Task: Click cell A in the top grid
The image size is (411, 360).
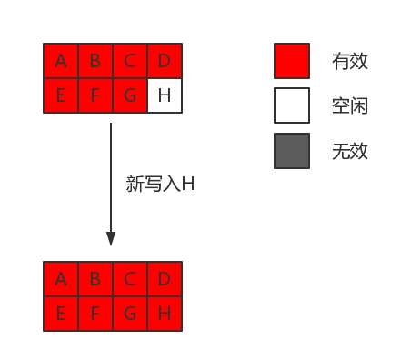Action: click(61, 61)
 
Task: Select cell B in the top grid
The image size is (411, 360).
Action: click(95, 61)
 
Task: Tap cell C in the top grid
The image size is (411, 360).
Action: click(130, 61)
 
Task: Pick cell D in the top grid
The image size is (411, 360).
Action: click(165, 61)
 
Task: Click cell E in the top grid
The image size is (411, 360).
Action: click(61, 95)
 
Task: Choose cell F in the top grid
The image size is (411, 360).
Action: click(95, 95)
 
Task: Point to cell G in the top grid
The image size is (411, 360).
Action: click(130, 95)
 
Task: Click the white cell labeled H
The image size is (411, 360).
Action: click(165, 95)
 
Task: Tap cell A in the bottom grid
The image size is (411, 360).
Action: click(61, 279)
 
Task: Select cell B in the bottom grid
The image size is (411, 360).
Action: click(95, 279)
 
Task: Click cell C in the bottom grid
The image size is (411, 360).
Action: click(130, 279)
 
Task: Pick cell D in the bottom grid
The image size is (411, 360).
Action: click(165, 279)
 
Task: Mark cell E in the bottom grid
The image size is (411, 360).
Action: click(61, 314)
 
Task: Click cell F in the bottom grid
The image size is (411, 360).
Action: click(95, 314)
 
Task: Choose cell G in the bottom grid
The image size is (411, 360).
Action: click(130, 314)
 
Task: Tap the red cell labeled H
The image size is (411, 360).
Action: click(165, 314)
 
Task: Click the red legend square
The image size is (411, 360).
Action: click(292, 61)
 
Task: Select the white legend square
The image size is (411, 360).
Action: click(292, 105)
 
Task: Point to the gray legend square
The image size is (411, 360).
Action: click(292, 151)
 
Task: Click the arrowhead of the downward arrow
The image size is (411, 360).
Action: click(111, 239)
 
